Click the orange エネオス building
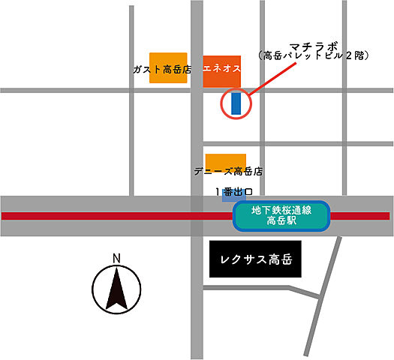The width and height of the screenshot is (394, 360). click(x=222, y=68)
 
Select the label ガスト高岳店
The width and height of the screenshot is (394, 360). click(x=162, y=69)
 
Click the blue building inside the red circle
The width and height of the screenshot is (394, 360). click(x=236, y=103)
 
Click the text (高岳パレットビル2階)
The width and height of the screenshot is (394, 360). click(x=312, y=55)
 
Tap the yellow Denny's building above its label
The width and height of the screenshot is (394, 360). click(x=226, y=160)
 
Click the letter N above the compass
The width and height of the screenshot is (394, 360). click(x=116, y=259)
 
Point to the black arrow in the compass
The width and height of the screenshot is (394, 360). click(x=116, y=290)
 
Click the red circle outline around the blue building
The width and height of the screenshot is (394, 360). click(x=222, y=103)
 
